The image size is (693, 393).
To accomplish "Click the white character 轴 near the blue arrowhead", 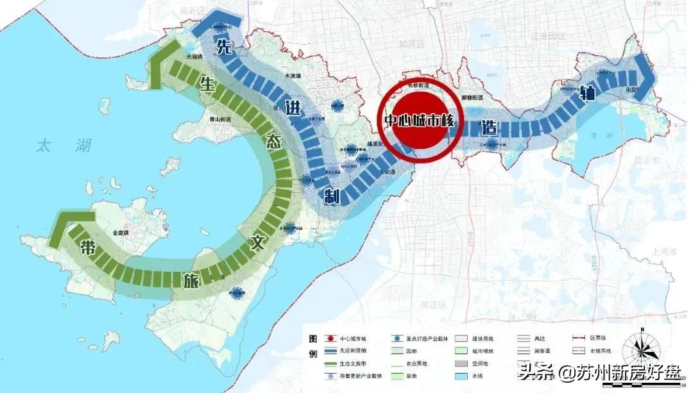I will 585,90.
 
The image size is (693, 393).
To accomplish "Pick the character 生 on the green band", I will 206,84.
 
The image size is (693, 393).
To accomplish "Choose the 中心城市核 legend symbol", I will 329,338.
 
